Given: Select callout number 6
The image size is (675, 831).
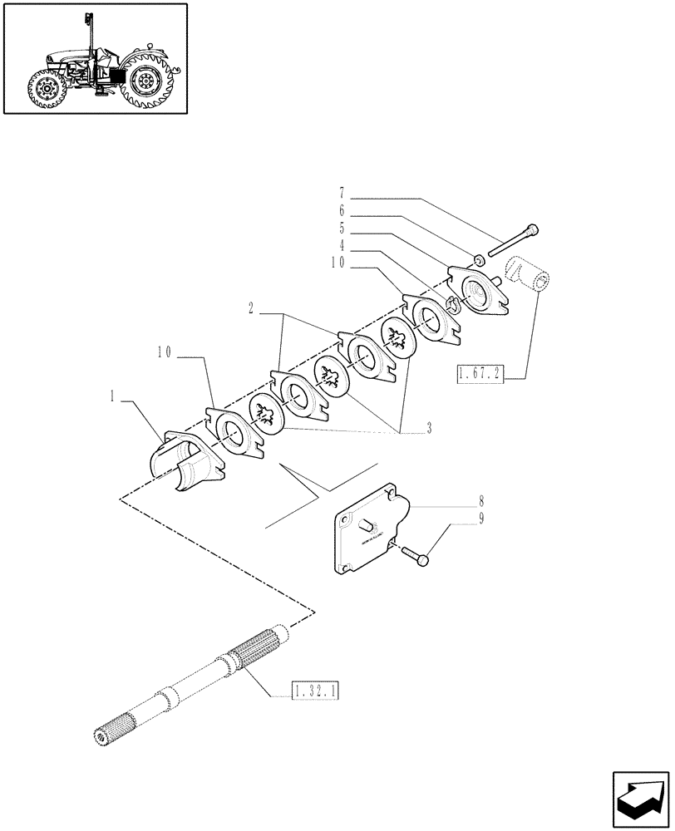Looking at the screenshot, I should click(342, 212).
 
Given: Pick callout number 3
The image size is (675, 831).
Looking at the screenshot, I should click(429, 429).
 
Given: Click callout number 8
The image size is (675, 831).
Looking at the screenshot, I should click(458, 503).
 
